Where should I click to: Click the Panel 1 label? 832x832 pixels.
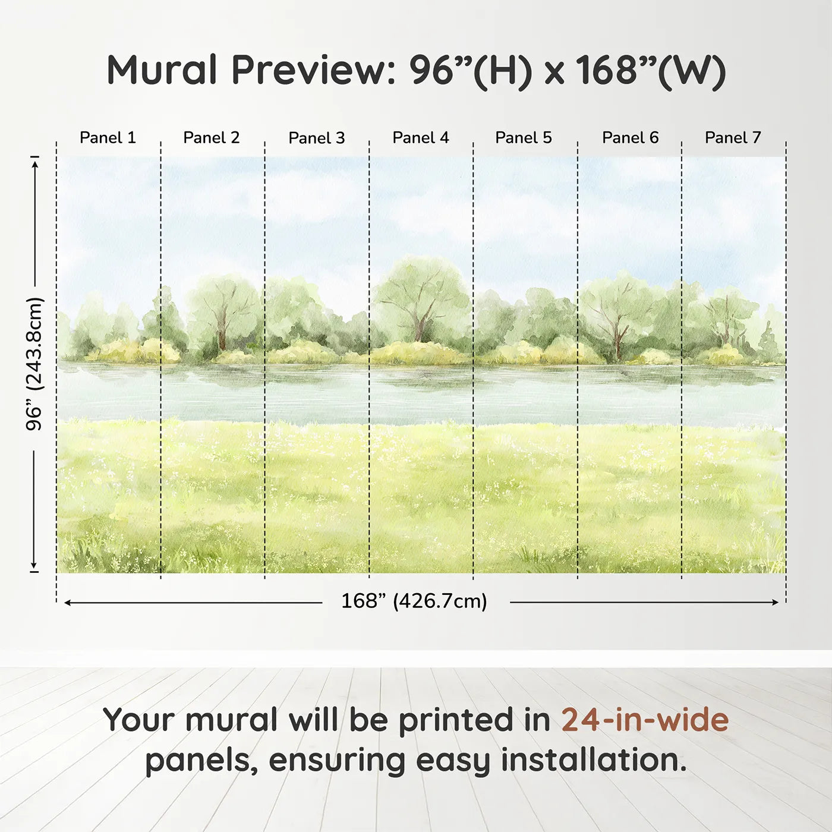pos(108,138)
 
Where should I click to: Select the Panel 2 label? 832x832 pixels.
pos(211,138)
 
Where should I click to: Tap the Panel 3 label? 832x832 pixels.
pos(316,138)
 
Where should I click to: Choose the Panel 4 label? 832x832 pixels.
pos(420,138)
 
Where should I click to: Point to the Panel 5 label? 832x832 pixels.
pos(523,138)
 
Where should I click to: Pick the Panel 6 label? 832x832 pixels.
pos(630,138)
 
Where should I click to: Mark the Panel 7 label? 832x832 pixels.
pos(732,138)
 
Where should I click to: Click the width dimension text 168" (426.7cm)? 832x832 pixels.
pos(414,601)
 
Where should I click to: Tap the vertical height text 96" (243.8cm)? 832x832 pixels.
pos(34,364)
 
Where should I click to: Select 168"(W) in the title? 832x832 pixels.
pos(651,70)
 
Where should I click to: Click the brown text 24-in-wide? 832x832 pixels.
pos(645,720)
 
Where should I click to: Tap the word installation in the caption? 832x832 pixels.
pos(593,760)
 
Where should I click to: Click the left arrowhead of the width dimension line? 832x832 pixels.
pos(67,603)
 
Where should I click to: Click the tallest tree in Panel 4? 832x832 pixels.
pos(421,297)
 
